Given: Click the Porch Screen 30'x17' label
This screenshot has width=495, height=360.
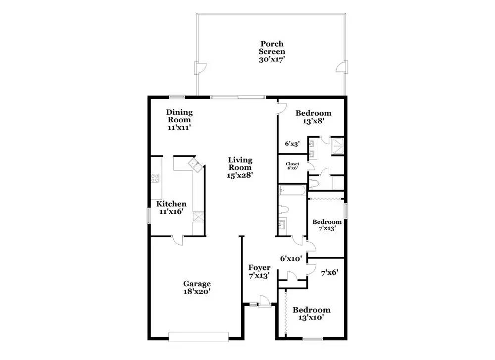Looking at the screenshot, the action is tap(272, 51).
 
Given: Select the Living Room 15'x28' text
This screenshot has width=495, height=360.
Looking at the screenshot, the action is tap(240, 168).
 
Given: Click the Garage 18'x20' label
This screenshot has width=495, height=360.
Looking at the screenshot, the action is tap(197, 287).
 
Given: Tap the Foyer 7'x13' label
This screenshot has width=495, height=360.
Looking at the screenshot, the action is tap(259, 271).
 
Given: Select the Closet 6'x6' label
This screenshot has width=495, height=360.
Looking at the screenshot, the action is tap(293, 166).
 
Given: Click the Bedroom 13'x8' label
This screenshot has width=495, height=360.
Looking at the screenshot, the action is tap(313, 117).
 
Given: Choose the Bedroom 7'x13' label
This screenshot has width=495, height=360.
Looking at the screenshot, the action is tap(327, 225).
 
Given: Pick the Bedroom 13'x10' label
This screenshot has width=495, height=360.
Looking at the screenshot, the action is tap(311, 313).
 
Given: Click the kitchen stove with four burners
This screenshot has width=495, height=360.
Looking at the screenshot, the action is tap(155, 178).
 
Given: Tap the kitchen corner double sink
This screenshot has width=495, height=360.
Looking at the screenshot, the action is tap(196, 165).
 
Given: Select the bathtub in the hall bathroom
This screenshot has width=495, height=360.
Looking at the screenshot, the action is tap(293, 191).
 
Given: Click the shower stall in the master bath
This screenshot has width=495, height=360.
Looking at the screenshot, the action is tap(337, 146).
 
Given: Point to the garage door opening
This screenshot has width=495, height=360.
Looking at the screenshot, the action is tap(198, 337).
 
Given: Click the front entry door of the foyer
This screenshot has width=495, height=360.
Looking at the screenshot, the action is tap(264, 301).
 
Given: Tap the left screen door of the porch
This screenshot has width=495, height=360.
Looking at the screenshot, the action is tap(199, 67).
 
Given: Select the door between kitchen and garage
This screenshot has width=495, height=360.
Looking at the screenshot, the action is tap(177, 240).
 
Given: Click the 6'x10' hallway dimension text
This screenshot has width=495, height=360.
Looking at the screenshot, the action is tap(291, 258).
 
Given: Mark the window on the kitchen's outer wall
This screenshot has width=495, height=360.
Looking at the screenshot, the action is tap(148, 216).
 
